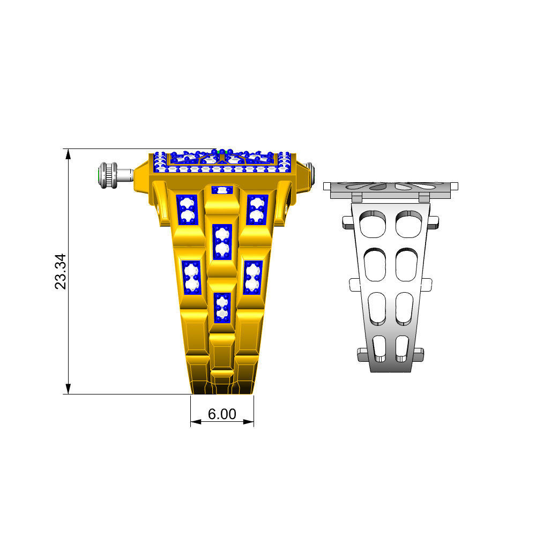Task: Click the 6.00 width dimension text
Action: pyautogui.click(x=222, y=414)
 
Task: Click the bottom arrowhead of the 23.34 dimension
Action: pyautogui.click(x=68, y=389)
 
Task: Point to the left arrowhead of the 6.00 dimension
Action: pyautogui.click(x=195, y=422)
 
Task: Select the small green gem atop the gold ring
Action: pyautogui.click(x=222, y=152)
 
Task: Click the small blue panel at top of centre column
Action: pyautogui.click(x=222, y=190)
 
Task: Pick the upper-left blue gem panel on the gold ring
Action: pyautogui.click(x=187, y=210)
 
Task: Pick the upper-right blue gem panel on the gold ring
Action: pyautogui.click(x=257, y=210)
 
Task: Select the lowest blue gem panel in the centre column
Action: pyautogui.click(x=222, y=307)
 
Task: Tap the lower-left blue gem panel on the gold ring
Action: pyautogui.click(x=191, y=277)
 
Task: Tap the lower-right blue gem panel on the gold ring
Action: pyautogui.click(x=253, y=277)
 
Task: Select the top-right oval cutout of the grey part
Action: pyautogui.click(x=408, y=224)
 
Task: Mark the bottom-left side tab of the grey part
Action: pyautogui.click(x=362, y=353)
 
